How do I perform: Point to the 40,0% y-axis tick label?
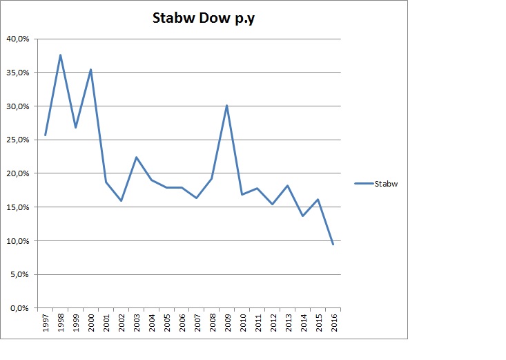[18, 39]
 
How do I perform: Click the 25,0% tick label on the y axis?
[18, 140]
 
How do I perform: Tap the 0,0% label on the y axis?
[20, 308]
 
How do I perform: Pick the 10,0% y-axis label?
[18, 241]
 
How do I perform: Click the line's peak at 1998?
[60, 55]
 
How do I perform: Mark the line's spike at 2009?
[226, 106]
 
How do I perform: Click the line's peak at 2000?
[90, 69]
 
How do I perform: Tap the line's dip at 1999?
[75, 127]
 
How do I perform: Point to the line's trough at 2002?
[121, 200]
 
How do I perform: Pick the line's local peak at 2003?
[136, 157]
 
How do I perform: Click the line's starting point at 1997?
[45, 135]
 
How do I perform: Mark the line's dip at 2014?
[302, 216]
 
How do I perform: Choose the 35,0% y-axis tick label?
[18, 73]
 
